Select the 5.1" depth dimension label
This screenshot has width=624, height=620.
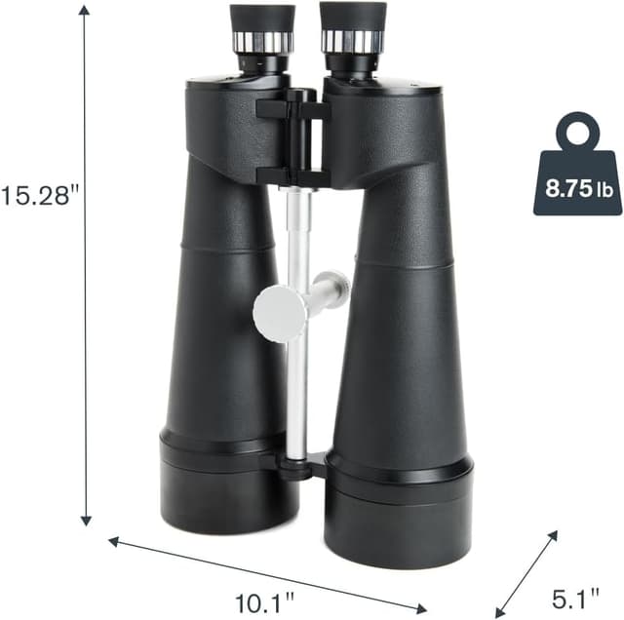click(574, 595)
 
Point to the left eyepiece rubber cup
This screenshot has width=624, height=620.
click(262, 18)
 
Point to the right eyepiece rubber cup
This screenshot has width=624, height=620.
click(352, 15)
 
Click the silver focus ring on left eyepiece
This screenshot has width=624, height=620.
click(263, 42)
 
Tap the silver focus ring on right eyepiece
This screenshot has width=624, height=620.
click(352, 41)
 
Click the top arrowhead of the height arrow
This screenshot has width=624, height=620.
click(86, 10)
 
